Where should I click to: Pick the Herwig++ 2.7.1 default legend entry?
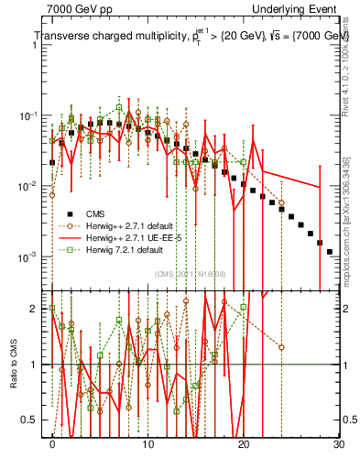tap(133, 225)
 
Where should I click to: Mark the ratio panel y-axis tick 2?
tap(36, 309)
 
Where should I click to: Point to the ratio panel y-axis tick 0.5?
tap(31, 420)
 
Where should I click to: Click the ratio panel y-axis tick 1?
tap(36, 365)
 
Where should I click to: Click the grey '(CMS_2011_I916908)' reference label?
tap(191, 274)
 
